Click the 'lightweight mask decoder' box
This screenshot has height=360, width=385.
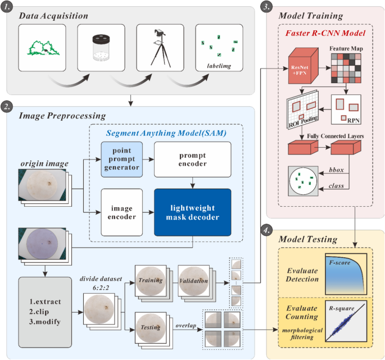(192, 212)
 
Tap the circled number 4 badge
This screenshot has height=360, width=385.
(268, 230)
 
